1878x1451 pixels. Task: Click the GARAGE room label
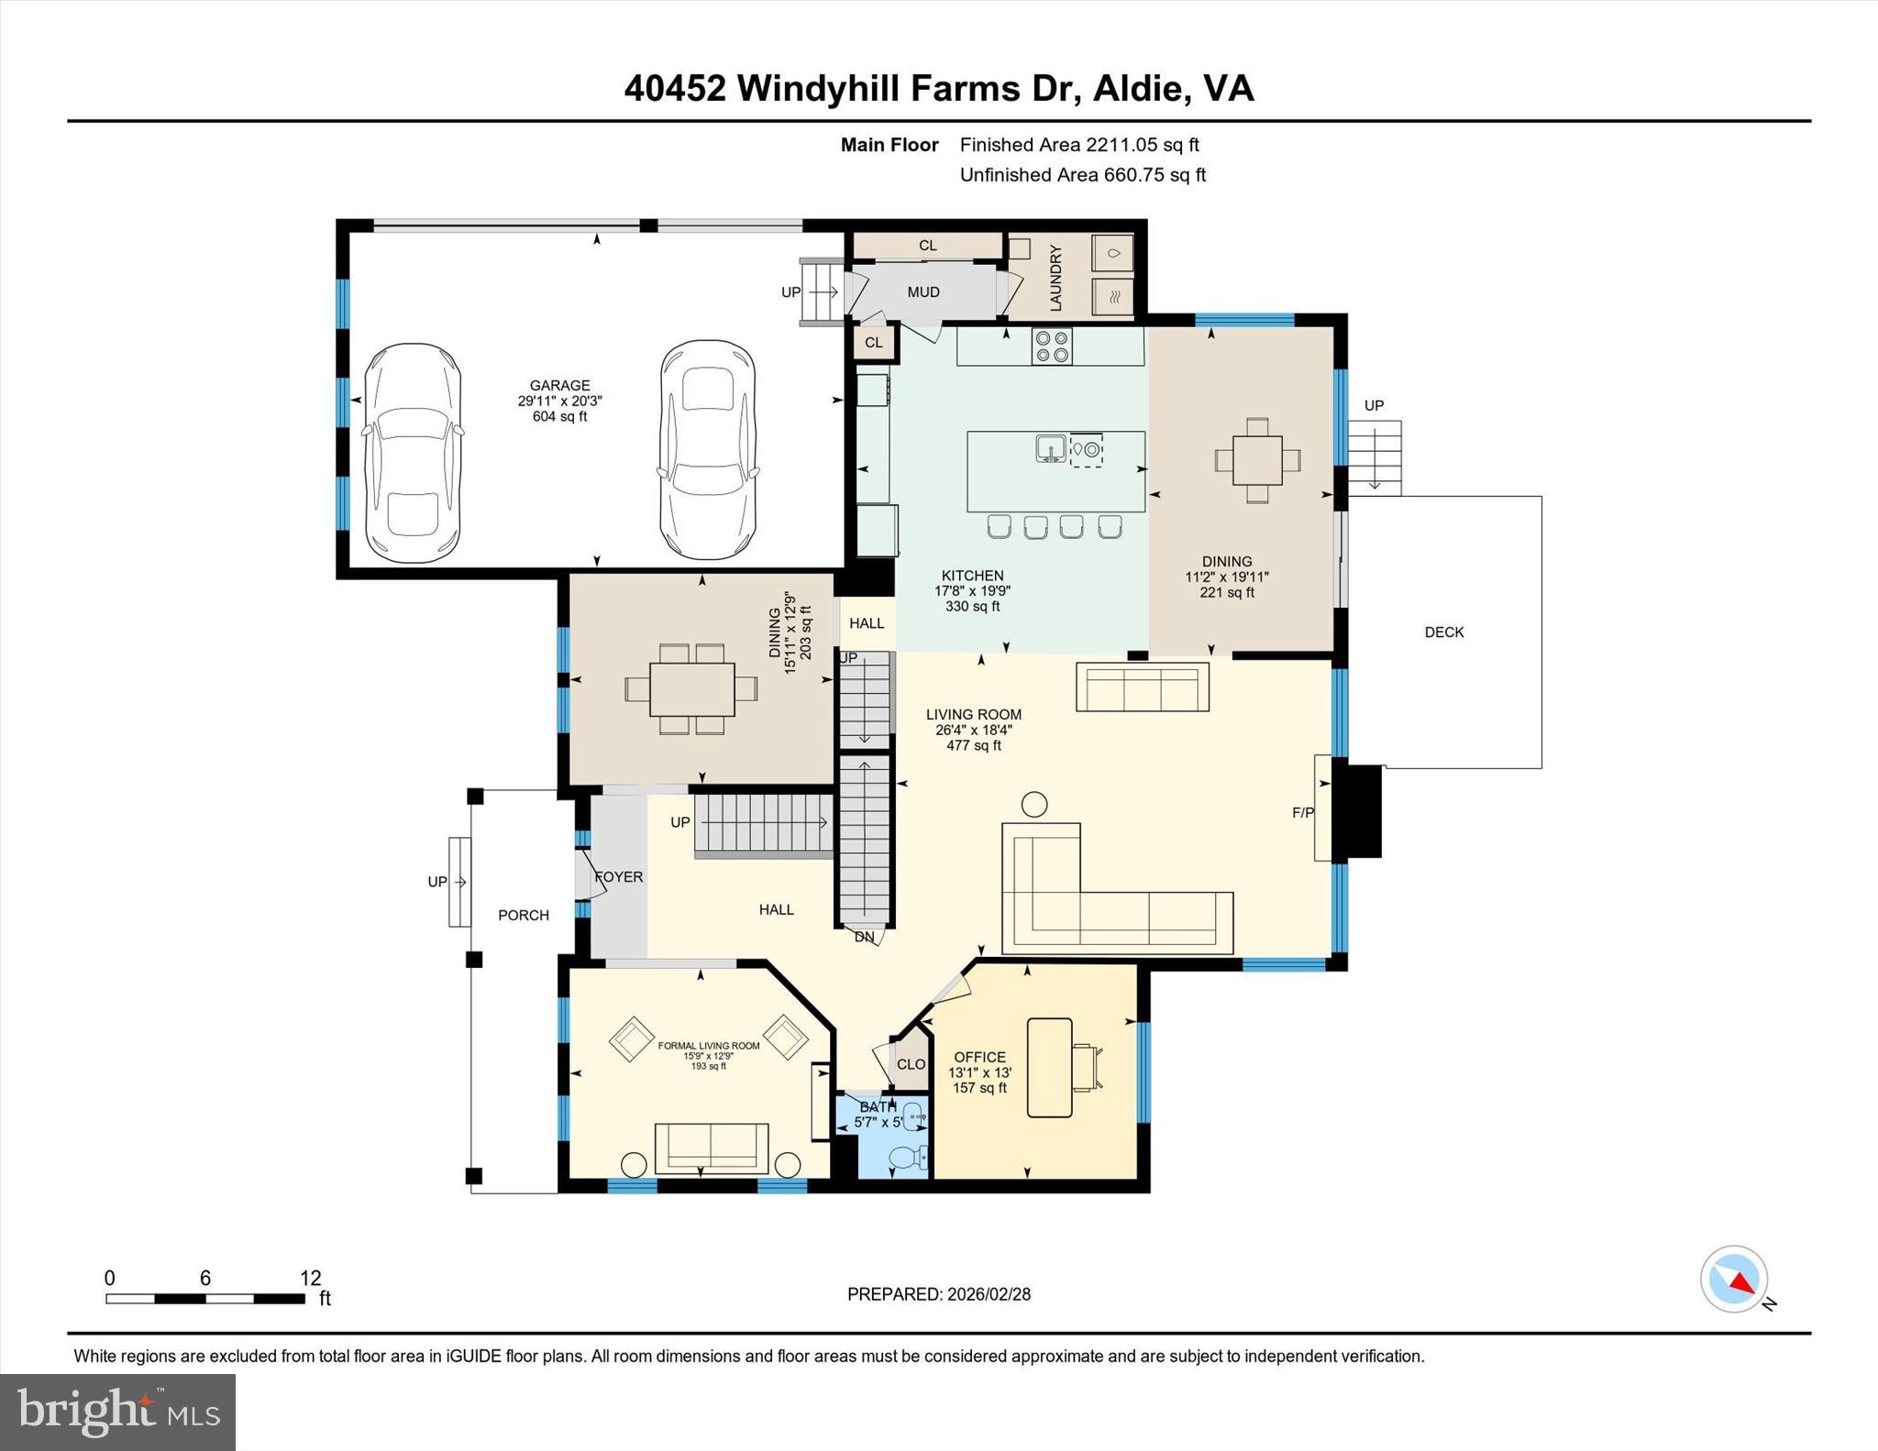[x=559, y=386]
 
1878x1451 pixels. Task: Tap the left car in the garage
[x=413, y=454]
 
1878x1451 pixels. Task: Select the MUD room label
[x=923, y=292]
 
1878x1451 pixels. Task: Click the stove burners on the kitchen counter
[x=1052, y=346]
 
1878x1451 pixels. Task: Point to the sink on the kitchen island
[x=1051, y=449]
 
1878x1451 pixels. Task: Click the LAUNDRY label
[x=1055, y=278]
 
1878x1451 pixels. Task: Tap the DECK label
[x=1444, y=632]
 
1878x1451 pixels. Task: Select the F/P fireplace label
[x=1302, y=812]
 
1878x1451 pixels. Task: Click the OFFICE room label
[x=979, y=1057]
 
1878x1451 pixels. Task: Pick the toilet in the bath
[x=909, y=1157]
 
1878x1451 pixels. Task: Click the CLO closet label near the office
[x=911, y=1064]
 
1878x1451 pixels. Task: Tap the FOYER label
[x=619, y=877]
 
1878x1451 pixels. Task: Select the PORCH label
[x=524, y=915]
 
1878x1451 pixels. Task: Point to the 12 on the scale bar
[x=310, y=1278]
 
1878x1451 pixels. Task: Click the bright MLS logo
[x=117, y=1412]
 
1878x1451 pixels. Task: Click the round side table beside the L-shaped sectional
[x=1034, y=805]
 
